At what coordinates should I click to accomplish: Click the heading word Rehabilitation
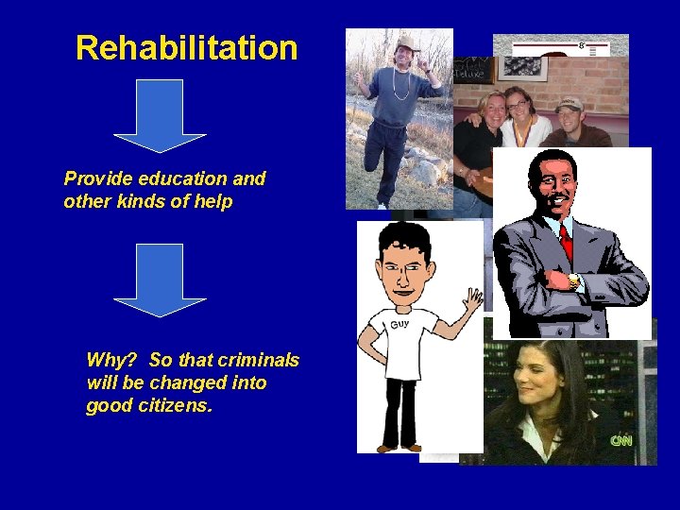[x=186, y=47]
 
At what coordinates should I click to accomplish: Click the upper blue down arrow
[x=160, y=115]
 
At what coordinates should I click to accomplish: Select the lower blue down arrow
[x=160, y=280]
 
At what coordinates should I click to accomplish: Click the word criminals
[x=258, y=360]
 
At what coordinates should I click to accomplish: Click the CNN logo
[x=620, y=440]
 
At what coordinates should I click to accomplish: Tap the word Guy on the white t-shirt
[x=399, y=324]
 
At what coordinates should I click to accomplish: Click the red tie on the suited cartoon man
[x=566, y=241]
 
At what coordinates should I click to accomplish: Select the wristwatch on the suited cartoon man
[x=573, y=280]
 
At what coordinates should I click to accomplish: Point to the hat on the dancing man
[x=407, y=42]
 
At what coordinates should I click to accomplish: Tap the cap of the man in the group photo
[x=569, y=104]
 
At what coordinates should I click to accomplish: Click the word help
[x=212, y=201]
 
